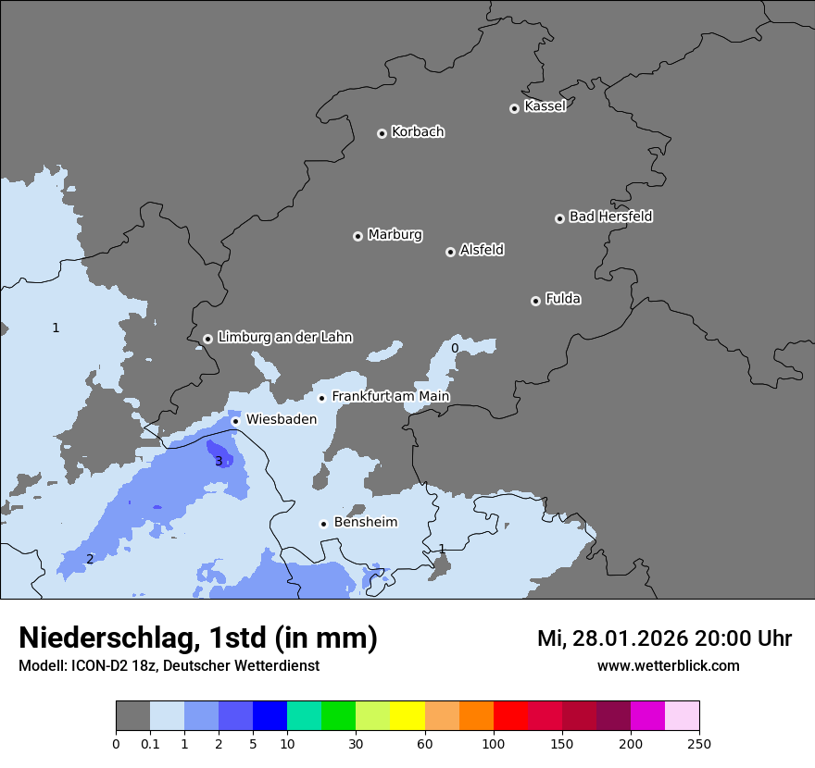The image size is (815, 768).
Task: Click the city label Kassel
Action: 545,106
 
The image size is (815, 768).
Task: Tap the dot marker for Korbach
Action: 382,133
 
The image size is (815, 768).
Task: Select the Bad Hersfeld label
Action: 610,217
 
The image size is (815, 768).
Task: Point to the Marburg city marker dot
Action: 358,236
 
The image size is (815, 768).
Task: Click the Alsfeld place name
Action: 482,250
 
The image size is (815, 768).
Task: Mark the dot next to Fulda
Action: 535,301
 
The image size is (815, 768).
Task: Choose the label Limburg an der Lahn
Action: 284,338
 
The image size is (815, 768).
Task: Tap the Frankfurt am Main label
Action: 390,397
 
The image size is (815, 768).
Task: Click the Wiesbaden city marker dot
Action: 236,421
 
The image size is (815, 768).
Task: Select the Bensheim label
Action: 365,523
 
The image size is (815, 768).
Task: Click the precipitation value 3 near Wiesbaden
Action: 219,461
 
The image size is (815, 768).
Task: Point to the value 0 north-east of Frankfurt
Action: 455,349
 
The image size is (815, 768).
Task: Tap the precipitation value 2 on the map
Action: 90,559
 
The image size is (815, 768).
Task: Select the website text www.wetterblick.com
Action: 668,666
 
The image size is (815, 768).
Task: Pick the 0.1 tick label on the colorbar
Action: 149,743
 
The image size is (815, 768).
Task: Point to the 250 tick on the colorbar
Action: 699,743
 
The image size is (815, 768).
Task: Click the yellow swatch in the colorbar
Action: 407,716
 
